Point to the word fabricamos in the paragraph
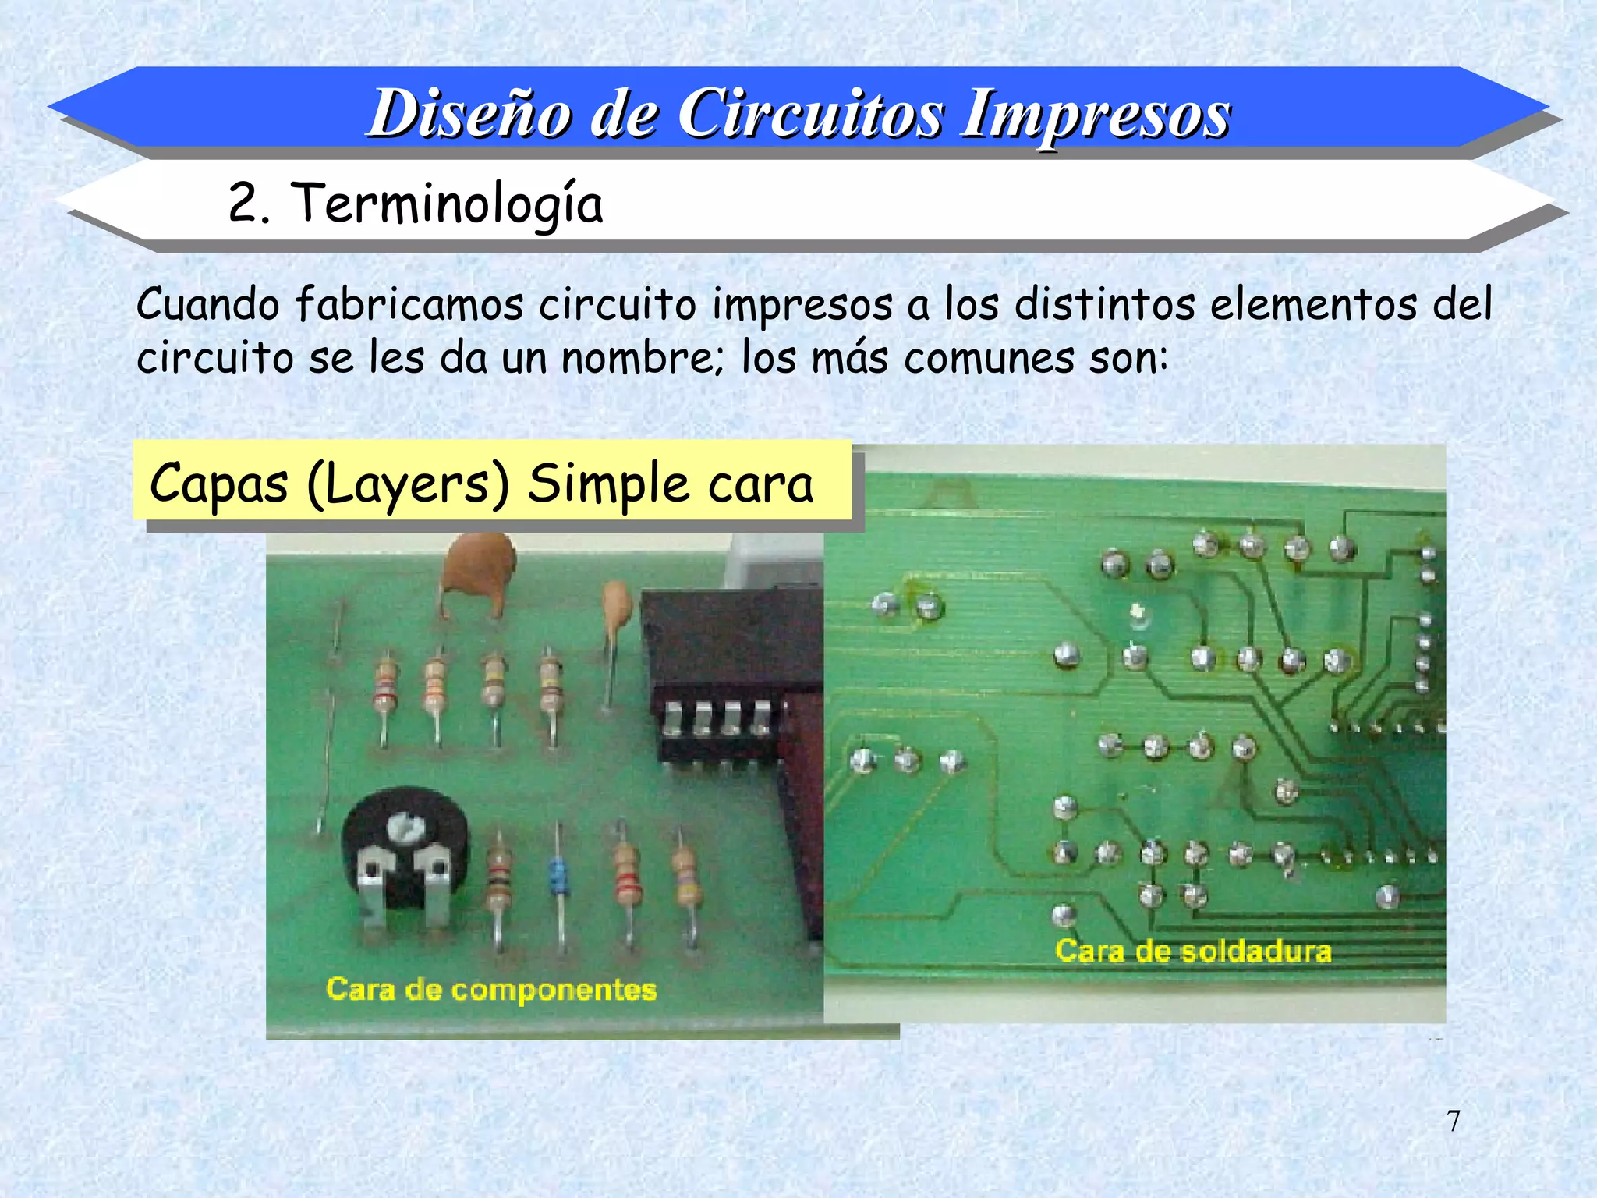[409, 304]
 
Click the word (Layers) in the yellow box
[408, 484]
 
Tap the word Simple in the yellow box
[607, 484]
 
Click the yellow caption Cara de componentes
[491, 989]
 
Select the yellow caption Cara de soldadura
[1193, 951]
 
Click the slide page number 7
[1454, 1121]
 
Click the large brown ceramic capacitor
[479, 566]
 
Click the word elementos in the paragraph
[1313, 304]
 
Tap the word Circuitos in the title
[811, 114]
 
